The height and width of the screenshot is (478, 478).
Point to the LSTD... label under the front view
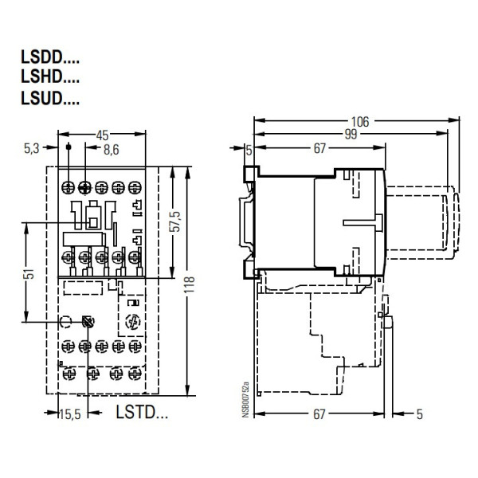pos(143,413)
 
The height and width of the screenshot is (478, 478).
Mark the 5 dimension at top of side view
pos(249,149)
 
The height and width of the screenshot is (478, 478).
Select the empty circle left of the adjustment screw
pos(66,323)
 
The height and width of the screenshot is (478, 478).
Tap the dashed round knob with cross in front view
pos(132,324)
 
